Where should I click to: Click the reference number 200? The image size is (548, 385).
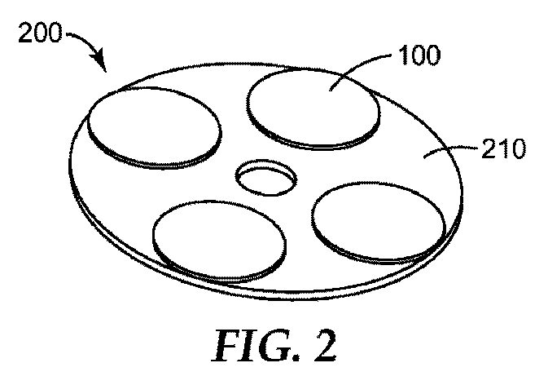[x=40, y=33]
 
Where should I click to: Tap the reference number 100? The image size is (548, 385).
[x=419, y=55]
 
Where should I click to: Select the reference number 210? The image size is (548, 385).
[x=503, y=148]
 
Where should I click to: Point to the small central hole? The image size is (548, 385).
[x=266, y=177]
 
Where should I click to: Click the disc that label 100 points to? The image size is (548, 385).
[x=313, y=108]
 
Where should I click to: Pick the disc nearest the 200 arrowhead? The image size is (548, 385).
[x=155, y=128]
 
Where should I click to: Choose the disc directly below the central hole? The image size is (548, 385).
[x=220, y=241]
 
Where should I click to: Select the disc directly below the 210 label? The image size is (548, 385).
[x=379, y=223]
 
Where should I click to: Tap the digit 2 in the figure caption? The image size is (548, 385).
[x=325, y=345]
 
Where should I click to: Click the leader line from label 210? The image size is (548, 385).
[x=451, y=150]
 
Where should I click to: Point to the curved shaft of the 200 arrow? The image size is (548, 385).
[x=85, y=39]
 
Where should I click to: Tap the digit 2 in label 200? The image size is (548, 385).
[x=25, y=33]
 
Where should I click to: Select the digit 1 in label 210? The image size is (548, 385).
[x=500, y=148]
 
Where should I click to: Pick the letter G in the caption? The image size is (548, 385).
[x=277, y=345]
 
